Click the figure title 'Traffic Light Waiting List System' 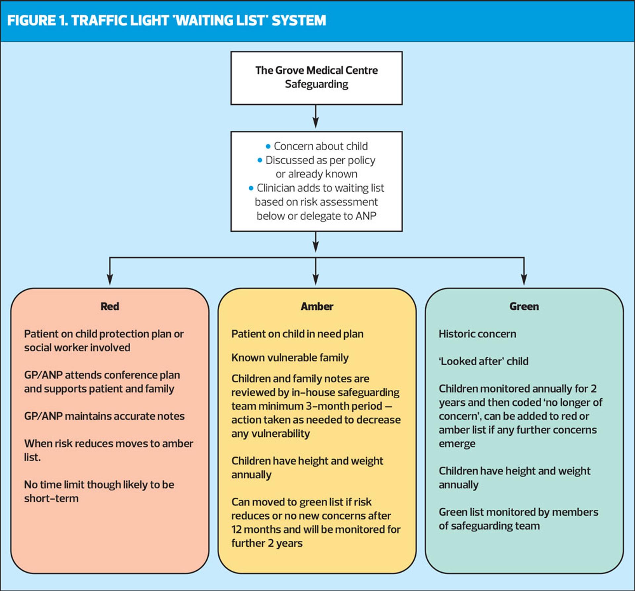click(166, 20)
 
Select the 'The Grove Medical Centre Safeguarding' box click(317, 78)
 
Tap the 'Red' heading click(110, 306)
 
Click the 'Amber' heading click(317, 306)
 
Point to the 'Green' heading click(524, 306)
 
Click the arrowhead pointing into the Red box click(110, 280)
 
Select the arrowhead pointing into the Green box click(524, 280)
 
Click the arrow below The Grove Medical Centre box click(316, 117)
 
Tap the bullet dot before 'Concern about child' click(268, 146)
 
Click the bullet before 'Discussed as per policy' click(260, 160)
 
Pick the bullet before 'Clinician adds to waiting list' click(251, 188)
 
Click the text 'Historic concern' click(477, 334)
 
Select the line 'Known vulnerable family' click(290, 358)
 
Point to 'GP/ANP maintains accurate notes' click(104, 416)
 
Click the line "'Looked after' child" click(484, 361)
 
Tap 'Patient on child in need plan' click(297, 334)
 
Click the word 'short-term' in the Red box click(51, 498)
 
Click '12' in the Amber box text click(236, 530)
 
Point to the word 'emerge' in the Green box click(457, 444)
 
